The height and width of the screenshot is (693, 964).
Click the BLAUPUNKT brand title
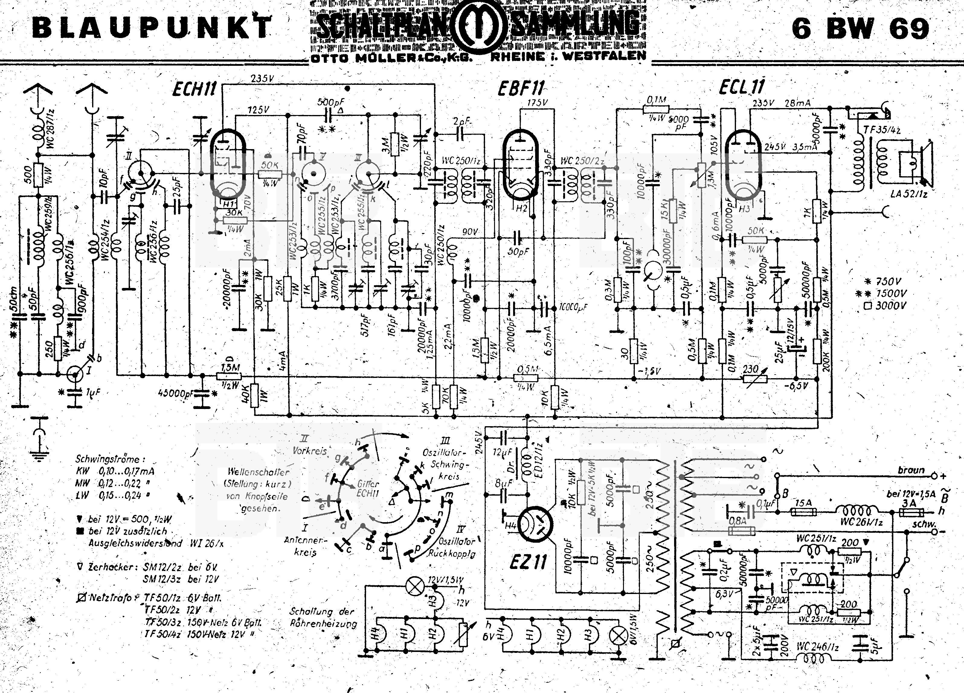tap(151, 28)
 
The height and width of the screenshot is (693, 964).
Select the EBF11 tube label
tap(521, 89)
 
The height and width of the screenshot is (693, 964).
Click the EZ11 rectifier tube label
tap(528, 562)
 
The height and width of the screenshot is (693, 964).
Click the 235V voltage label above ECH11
tap(262, 78)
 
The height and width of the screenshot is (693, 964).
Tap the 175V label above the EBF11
tap(537, 103)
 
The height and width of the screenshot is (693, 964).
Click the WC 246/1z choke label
tap(818, 647)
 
